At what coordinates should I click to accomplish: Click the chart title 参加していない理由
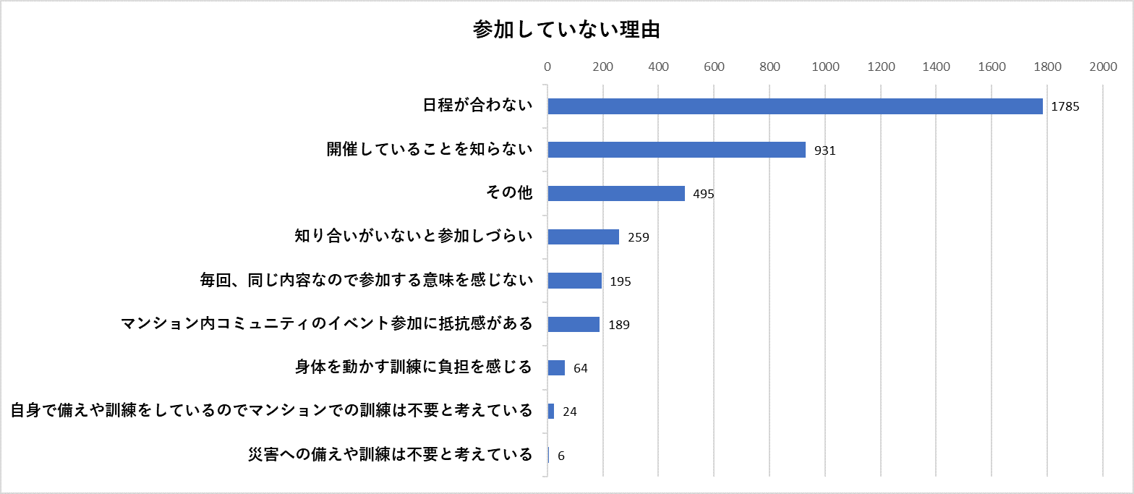566,30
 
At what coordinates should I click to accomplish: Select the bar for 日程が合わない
795,106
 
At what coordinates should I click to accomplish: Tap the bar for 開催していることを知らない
676,150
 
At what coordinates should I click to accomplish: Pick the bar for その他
616,193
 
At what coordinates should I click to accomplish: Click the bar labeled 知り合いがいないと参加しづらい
584,237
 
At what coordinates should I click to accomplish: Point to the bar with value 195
575,281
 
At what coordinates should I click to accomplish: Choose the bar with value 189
574,324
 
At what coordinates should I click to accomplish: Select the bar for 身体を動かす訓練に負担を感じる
556,367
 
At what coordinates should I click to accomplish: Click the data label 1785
1065,107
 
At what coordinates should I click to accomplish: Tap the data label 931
825,150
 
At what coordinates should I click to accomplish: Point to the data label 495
704,194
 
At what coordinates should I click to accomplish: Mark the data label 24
570,412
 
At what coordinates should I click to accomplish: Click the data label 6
561,456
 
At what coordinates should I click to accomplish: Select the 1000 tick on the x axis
825,67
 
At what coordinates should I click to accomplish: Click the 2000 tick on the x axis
1103,67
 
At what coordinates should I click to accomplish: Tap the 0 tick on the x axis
547,67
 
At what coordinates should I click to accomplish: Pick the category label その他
510,193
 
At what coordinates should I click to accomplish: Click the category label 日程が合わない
477,106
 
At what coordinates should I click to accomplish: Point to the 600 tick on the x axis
714,67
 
